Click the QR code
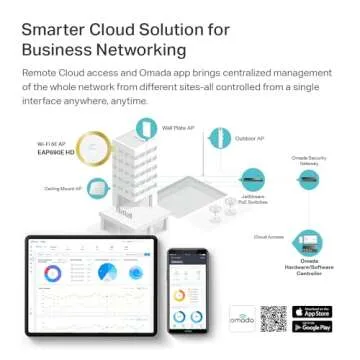(273, 319)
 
